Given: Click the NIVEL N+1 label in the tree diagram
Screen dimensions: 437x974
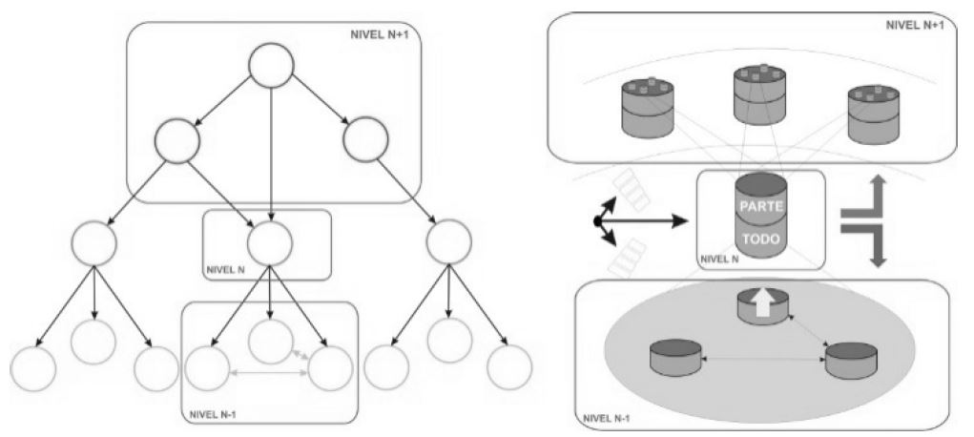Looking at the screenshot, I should click(x=384, y=36).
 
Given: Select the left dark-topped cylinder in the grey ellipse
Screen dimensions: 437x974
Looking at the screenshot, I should click(x=675, y=356).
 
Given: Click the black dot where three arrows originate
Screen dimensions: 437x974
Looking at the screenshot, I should click(x=597, y=221).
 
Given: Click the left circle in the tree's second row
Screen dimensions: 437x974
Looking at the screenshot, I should click(x=176, y=144).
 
